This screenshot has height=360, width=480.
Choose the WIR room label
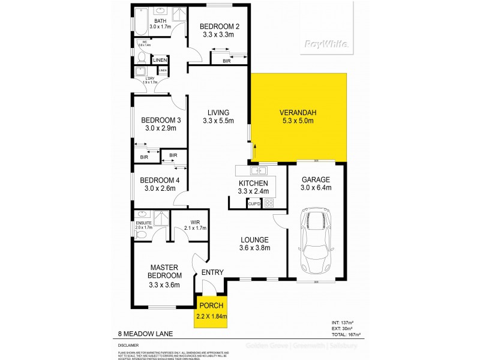[195, 221]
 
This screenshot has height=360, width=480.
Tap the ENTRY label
[213, 272]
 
